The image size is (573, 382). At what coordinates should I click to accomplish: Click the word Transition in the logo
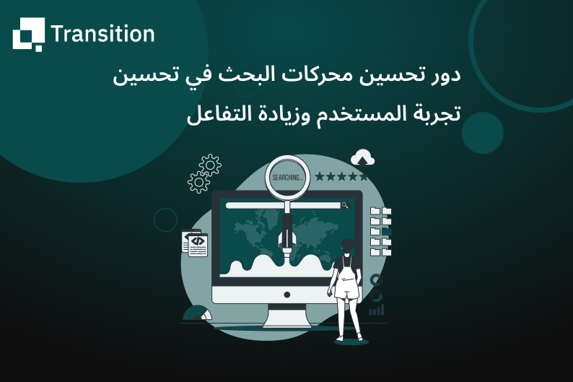tap(102, 34)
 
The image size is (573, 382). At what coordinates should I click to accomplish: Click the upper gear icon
tap(210, 165)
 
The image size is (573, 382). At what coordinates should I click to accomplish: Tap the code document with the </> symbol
tap(195, 243)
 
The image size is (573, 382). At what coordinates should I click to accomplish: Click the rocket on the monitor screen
tap(287, 237)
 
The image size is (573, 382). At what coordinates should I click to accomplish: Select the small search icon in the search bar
tap(345, 206)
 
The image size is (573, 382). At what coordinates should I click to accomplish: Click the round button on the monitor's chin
tap(287, 295)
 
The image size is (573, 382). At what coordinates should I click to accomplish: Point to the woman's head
tap(348, 246)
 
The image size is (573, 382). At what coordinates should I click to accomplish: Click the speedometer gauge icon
tap(197, 313)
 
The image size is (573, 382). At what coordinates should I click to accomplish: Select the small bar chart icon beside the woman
tap(376, 309)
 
